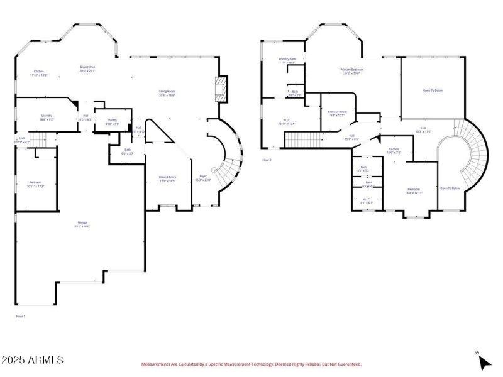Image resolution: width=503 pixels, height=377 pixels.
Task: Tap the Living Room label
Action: (167, 93)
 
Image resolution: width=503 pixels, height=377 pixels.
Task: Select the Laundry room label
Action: (47, 117)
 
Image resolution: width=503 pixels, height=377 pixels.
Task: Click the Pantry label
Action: (112, 121)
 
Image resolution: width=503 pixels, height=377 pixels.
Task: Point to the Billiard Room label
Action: (167, 179)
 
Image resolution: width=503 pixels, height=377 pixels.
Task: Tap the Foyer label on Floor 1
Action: (203, 178)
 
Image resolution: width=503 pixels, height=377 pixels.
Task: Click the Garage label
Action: (82, 224)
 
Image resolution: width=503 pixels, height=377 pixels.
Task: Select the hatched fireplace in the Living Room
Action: (221, 89)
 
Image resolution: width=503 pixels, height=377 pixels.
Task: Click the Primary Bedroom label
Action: (352, 72)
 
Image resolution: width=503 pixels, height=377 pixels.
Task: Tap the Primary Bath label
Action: (287, 61)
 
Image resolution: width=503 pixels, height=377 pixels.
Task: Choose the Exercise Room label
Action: (337, 113)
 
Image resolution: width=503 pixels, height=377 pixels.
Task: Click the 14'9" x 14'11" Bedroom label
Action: (413, 190)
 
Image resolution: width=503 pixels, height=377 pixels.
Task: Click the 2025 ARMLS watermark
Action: (32, 360)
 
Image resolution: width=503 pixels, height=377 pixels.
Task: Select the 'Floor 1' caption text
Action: (20, 316)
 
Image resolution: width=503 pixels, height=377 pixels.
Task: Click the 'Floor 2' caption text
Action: (267, 160)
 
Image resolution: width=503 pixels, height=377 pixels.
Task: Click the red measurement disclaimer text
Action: (251, 364)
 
